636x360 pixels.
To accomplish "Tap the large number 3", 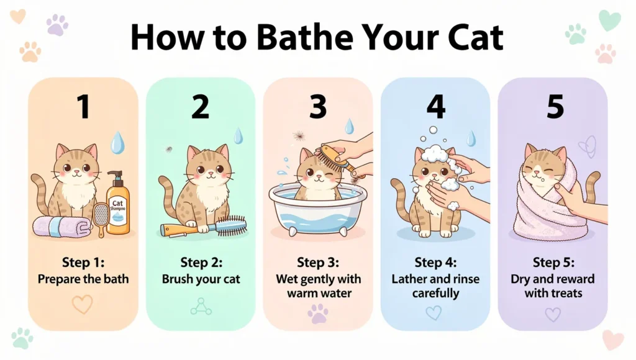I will pyautogui.click(x=317, y=107).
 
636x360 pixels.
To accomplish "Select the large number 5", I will pyautogui.click(x=553, y=107).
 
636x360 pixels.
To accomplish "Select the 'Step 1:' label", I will pyautogui.click(x=83, y=261).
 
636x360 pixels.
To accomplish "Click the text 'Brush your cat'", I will pyautogui.click(x=200, y=279).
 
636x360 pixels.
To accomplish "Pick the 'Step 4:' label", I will pyautogui.click(x=435, y=261).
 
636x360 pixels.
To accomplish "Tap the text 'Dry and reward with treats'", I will pyautogui.click(x=553, y=285).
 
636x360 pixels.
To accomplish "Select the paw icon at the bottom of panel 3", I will pyautogui.click(x=317, y=313).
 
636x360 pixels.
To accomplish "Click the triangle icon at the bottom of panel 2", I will pyautogui.click(x=200, y=305).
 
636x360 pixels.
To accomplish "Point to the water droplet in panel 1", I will pyautogui.click(x=117, y=143).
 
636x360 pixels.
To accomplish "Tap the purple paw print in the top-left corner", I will pyautogui.click(x=57, y=25).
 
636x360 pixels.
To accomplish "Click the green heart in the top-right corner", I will pyautogui.click(x=609, y=20).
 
